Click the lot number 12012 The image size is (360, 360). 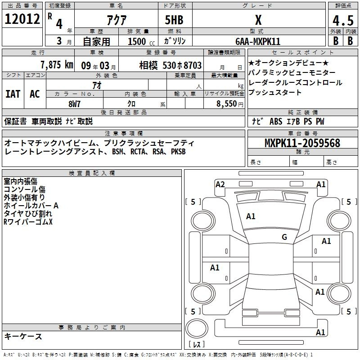tap(22, 19)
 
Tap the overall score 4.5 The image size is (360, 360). tap(343, 20)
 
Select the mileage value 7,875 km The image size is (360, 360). tap(57, 65)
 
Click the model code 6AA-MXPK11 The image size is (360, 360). tap(258, 41)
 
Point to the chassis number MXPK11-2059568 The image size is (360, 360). tap(302, 143)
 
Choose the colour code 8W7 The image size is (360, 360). tap(74, 104)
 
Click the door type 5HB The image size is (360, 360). tap(174, 20)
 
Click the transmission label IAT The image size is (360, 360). tap(13, 94)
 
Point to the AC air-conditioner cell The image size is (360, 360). tap(35, 94)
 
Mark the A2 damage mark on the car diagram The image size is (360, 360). tap(220, 184)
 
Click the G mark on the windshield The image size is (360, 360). tap(284, 237)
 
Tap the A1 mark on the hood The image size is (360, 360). tap(251, 216)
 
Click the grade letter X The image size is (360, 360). tap(258, 20)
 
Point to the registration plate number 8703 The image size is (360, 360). tap(193, 65)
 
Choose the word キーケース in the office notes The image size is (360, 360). tap(23, 336)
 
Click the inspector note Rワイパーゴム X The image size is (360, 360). tap(28, 222)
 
